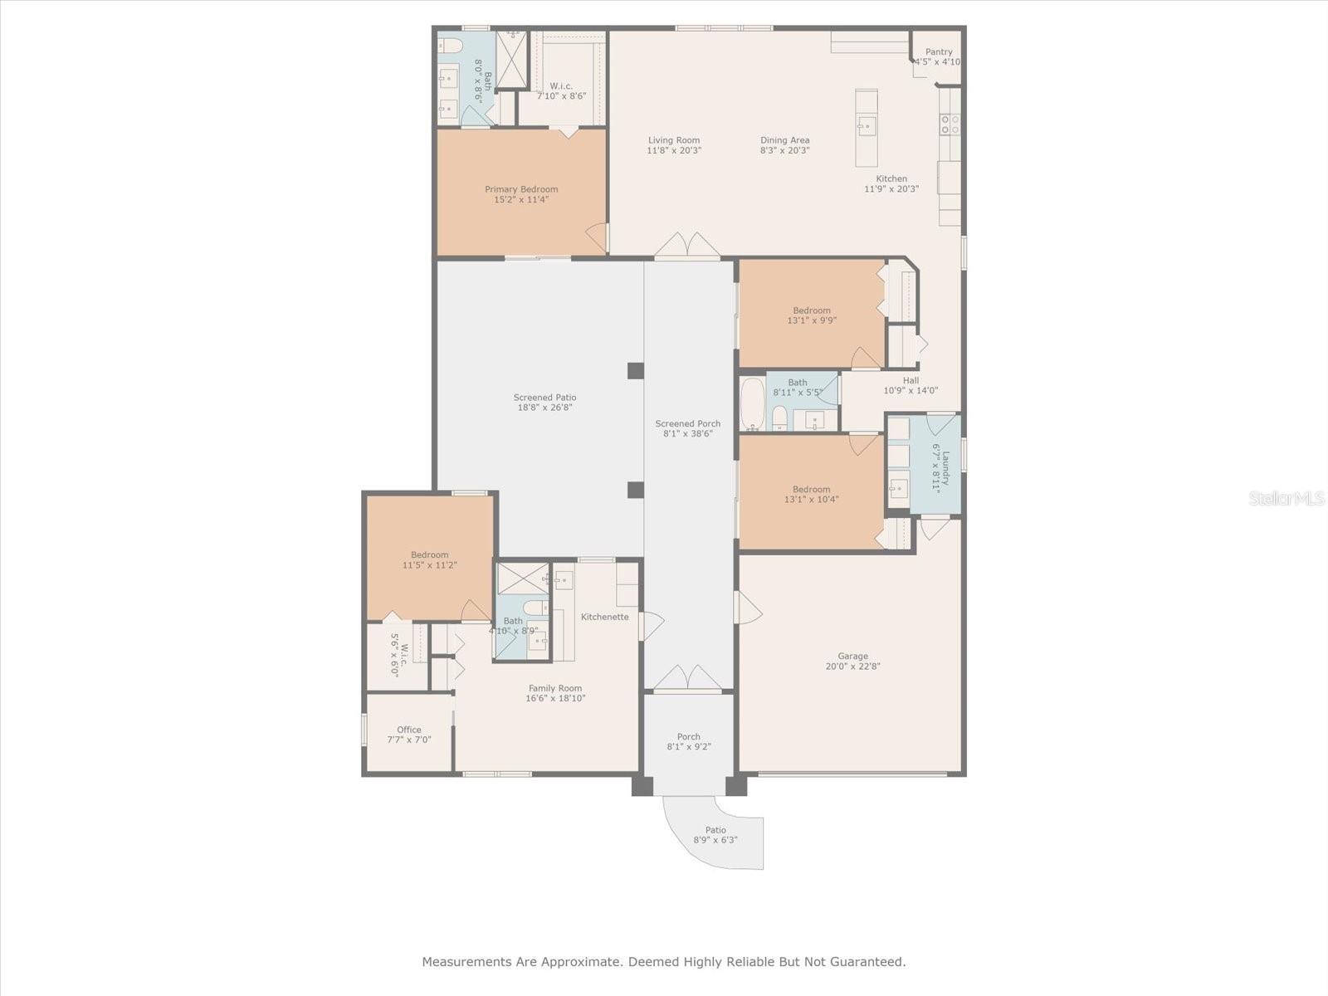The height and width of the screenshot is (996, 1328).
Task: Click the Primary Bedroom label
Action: click(x=521, y=189)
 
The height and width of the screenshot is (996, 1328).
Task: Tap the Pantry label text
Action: click(x=939, y=52)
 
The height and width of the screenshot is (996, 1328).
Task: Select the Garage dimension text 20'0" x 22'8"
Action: click(x=852, y=666)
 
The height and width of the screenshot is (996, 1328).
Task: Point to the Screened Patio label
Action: click(x=544, y=398)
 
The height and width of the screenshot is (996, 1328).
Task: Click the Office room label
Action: click(x=409, y=730)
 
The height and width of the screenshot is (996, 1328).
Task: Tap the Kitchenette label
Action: click(x=604, y=617)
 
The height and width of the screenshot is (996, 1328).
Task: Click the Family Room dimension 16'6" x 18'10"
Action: click(x=555, y=698)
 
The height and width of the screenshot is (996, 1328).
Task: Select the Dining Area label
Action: click(x=784, y=140)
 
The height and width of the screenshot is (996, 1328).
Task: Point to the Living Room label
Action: click(x=674, y=140)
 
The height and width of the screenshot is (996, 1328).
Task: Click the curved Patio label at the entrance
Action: click(x=715, y=830)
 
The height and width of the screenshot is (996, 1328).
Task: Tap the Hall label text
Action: click(x=911, y=380)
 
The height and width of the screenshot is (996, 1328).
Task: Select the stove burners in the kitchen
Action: click(x=950, y=124)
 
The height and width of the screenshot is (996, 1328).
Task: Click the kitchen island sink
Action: click(x=867, y=126)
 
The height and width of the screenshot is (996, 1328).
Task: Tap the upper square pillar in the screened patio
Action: click(x=635, y=371)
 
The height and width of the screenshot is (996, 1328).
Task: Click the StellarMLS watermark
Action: click(x=1286, y=498)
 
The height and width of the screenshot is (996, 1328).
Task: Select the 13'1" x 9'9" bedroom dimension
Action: click(x=811, y=320)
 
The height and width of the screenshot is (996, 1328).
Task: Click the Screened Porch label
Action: click(x=688, y=423)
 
